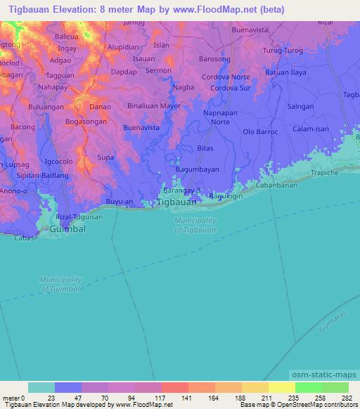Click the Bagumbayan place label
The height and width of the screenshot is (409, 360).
pyautogui.click(x=197, y=171)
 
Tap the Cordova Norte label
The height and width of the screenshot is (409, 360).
pyautogui.click(x=226, y=77)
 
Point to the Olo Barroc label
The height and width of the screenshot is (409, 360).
pyautogui.click(x=261, y=131)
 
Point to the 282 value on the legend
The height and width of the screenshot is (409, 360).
pyautogui.click(x=347, y=398)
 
